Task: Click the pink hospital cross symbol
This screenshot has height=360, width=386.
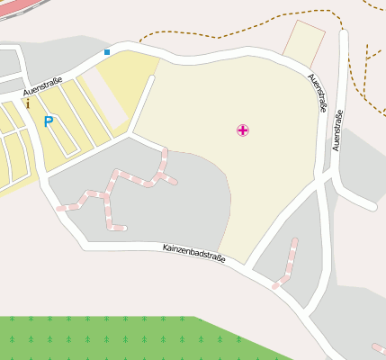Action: coord(242,130)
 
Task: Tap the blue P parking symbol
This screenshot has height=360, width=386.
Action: coord(48,121)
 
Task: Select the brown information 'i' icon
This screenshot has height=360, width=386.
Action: coord(28,103)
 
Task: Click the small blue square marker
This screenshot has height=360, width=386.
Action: coord(107,52)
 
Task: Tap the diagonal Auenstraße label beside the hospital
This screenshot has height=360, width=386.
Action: coord(316,93)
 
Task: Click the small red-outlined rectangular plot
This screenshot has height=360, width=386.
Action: coord(303,40)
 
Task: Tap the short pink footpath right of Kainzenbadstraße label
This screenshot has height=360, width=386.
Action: coord(287,263)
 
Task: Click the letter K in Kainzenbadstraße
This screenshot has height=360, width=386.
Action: coord(166,245)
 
